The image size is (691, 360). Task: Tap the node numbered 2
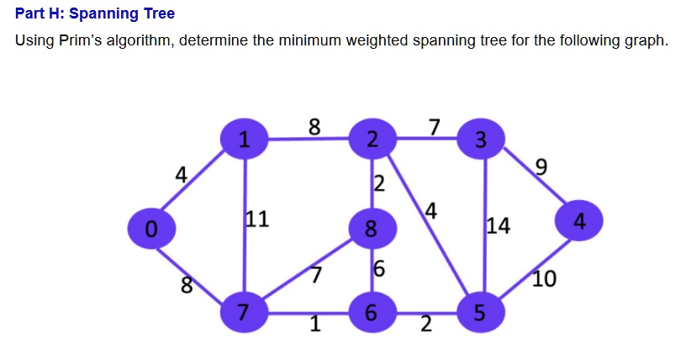[371, 138]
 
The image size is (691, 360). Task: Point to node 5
[479, 313]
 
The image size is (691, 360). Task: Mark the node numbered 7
[243, 313]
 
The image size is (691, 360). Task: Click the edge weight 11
[256, 220]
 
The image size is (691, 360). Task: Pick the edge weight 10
[544, 278]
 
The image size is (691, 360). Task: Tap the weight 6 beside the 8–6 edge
[379, 270]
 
